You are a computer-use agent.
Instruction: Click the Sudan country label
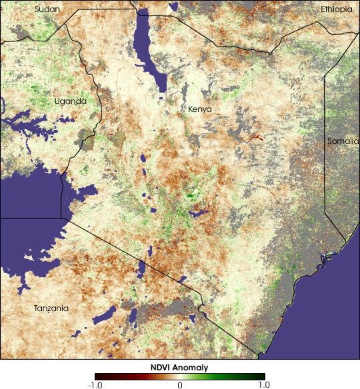[47, 9]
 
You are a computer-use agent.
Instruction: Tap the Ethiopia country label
[336, 9]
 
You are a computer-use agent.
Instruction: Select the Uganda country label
[70, 101]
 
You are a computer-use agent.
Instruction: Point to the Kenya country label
[199, 109]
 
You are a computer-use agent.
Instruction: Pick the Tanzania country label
[51, 308]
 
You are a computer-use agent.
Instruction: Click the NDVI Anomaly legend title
[179, 367]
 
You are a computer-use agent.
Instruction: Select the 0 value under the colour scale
[179, 384]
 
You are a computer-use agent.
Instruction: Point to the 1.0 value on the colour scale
[264, 384]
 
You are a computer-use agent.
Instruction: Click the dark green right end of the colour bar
[262, 376]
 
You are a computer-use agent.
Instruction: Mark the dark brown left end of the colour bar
[97, 376]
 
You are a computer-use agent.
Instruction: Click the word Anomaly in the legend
[193, 367]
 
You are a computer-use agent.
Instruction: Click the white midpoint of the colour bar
[179, 376]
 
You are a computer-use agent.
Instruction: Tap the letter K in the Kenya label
[191, 109]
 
